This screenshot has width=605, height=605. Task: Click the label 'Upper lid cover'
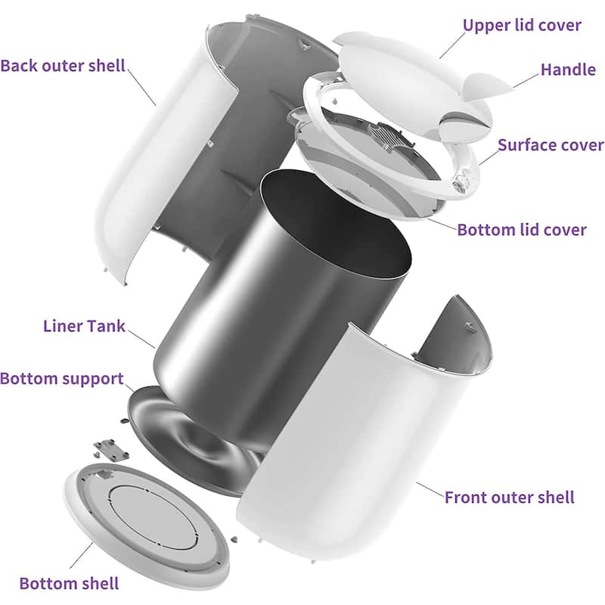pos(522,25)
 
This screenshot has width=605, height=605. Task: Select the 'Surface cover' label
pos(551,144)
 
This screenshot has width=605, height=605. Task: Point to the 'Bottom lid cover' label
pos(522,229)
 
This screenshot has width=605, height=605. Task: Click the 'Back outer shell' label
pos(63,64)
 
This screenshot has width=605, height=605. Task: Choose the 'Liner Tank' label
pos(83,327)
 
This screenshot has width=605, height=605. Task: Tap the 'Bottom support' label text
pos(62,378)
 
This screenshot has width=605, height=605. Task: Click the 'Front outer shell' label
pos(509,497)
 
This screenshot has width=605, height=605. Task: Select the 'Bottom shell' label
pos(69,583)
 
